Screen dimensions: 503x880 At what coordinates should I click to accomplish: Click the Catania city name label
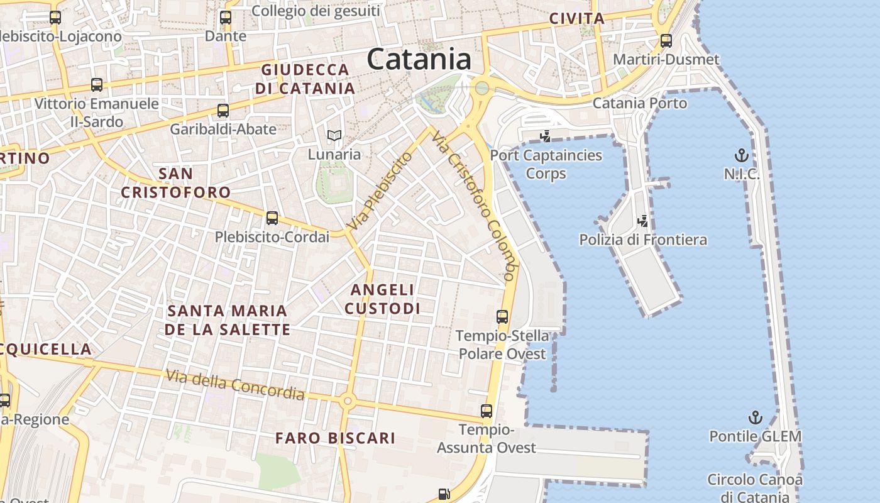tap(419, 60)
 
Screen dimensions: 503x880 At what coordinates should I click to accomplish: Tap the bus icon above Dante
tap(226, 18)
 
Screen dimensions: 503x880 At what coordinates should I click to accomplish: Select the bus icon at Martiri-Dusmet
tap(666, 41)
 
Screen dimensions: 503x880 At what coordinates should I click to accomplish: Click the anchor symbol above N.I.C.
tap(742, 155)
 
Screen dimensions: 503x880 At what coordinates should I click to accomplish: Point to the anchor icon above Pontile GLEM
tap(755, 417)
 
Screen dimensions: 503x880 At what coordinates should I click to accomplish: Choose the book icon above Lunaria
tap(334, 135)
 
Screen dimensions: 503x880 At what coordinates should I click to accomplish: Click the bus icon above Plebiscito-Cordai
tap(272, 218)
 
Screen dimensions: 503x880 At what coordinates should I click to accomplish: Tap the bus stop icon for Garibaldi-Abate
tap(223, 111)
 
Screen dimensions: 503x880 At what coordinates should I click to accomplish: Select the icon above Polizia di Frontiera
tap(643, 221)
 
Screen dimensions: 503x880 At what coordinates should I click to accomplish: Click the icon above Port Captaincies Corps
tap(546, 136)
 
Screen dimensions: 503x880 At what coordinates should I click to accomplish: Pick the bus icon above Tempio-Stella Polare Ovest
tap(502, 317)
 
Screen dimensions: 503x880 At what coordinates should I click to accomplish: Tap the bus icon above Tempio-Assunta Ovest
tap(487, 411)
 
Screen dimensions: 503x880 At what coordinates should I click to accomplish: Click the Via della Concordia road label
tap(235, 385)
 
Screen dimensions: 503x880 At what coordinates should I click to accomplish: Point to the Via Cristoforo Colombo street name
tap(475, 206)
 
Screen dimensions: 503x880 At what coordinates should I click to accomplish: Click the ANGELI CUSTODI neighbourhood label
tap(382, 299)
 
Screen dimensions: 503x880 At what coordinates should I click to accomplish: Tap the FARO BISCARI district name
tap(336, 438)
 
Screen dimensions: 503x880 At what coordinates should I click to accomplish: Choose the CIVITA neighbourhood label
tap(576, 19)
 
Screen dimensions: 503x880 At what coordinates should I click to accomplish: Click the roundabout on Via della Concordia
tap(347, 401)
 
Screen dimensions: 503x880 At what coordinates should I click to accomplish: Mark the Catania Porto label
tap(640, 103)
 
